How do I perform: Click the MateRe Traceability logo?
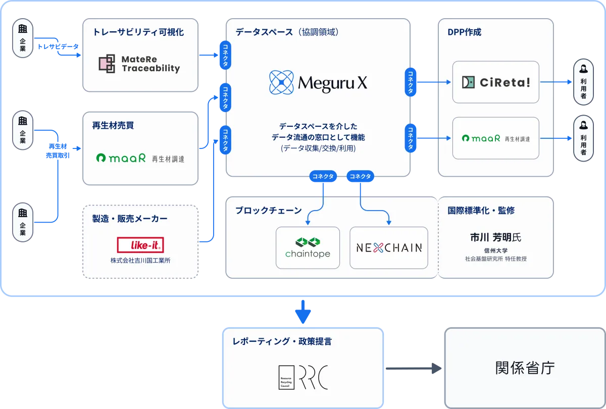(x=139, y=64)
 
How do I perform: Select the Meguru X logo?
(x=318, y=83)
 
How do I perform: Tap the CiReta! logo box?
(x=495, y=82)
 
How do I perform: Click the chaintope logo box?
(x=308, y=247)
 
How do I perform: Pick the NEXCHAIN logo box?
(x=388, y=247)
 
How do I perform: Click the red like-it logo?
(x=140, y=245)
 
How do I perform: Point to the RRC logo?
(x=304, y=376)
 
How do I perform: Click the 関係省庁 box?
(x=525, y=368)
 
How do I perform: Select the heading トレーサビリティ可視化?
(x=138, y=32)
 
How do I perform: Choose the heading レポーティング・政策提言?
(x=282, y=342)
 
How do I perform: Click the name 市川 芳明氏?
(x=495, y=237)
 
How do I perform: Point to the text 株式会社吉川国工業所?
(x=140, y=261)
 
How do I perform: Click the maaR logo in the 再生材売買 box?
(x=140, y=158)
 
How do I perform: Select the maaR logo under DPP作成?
(x=495, y=138)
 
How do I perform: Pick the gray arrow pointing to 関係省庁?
(x=413, y=369)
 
